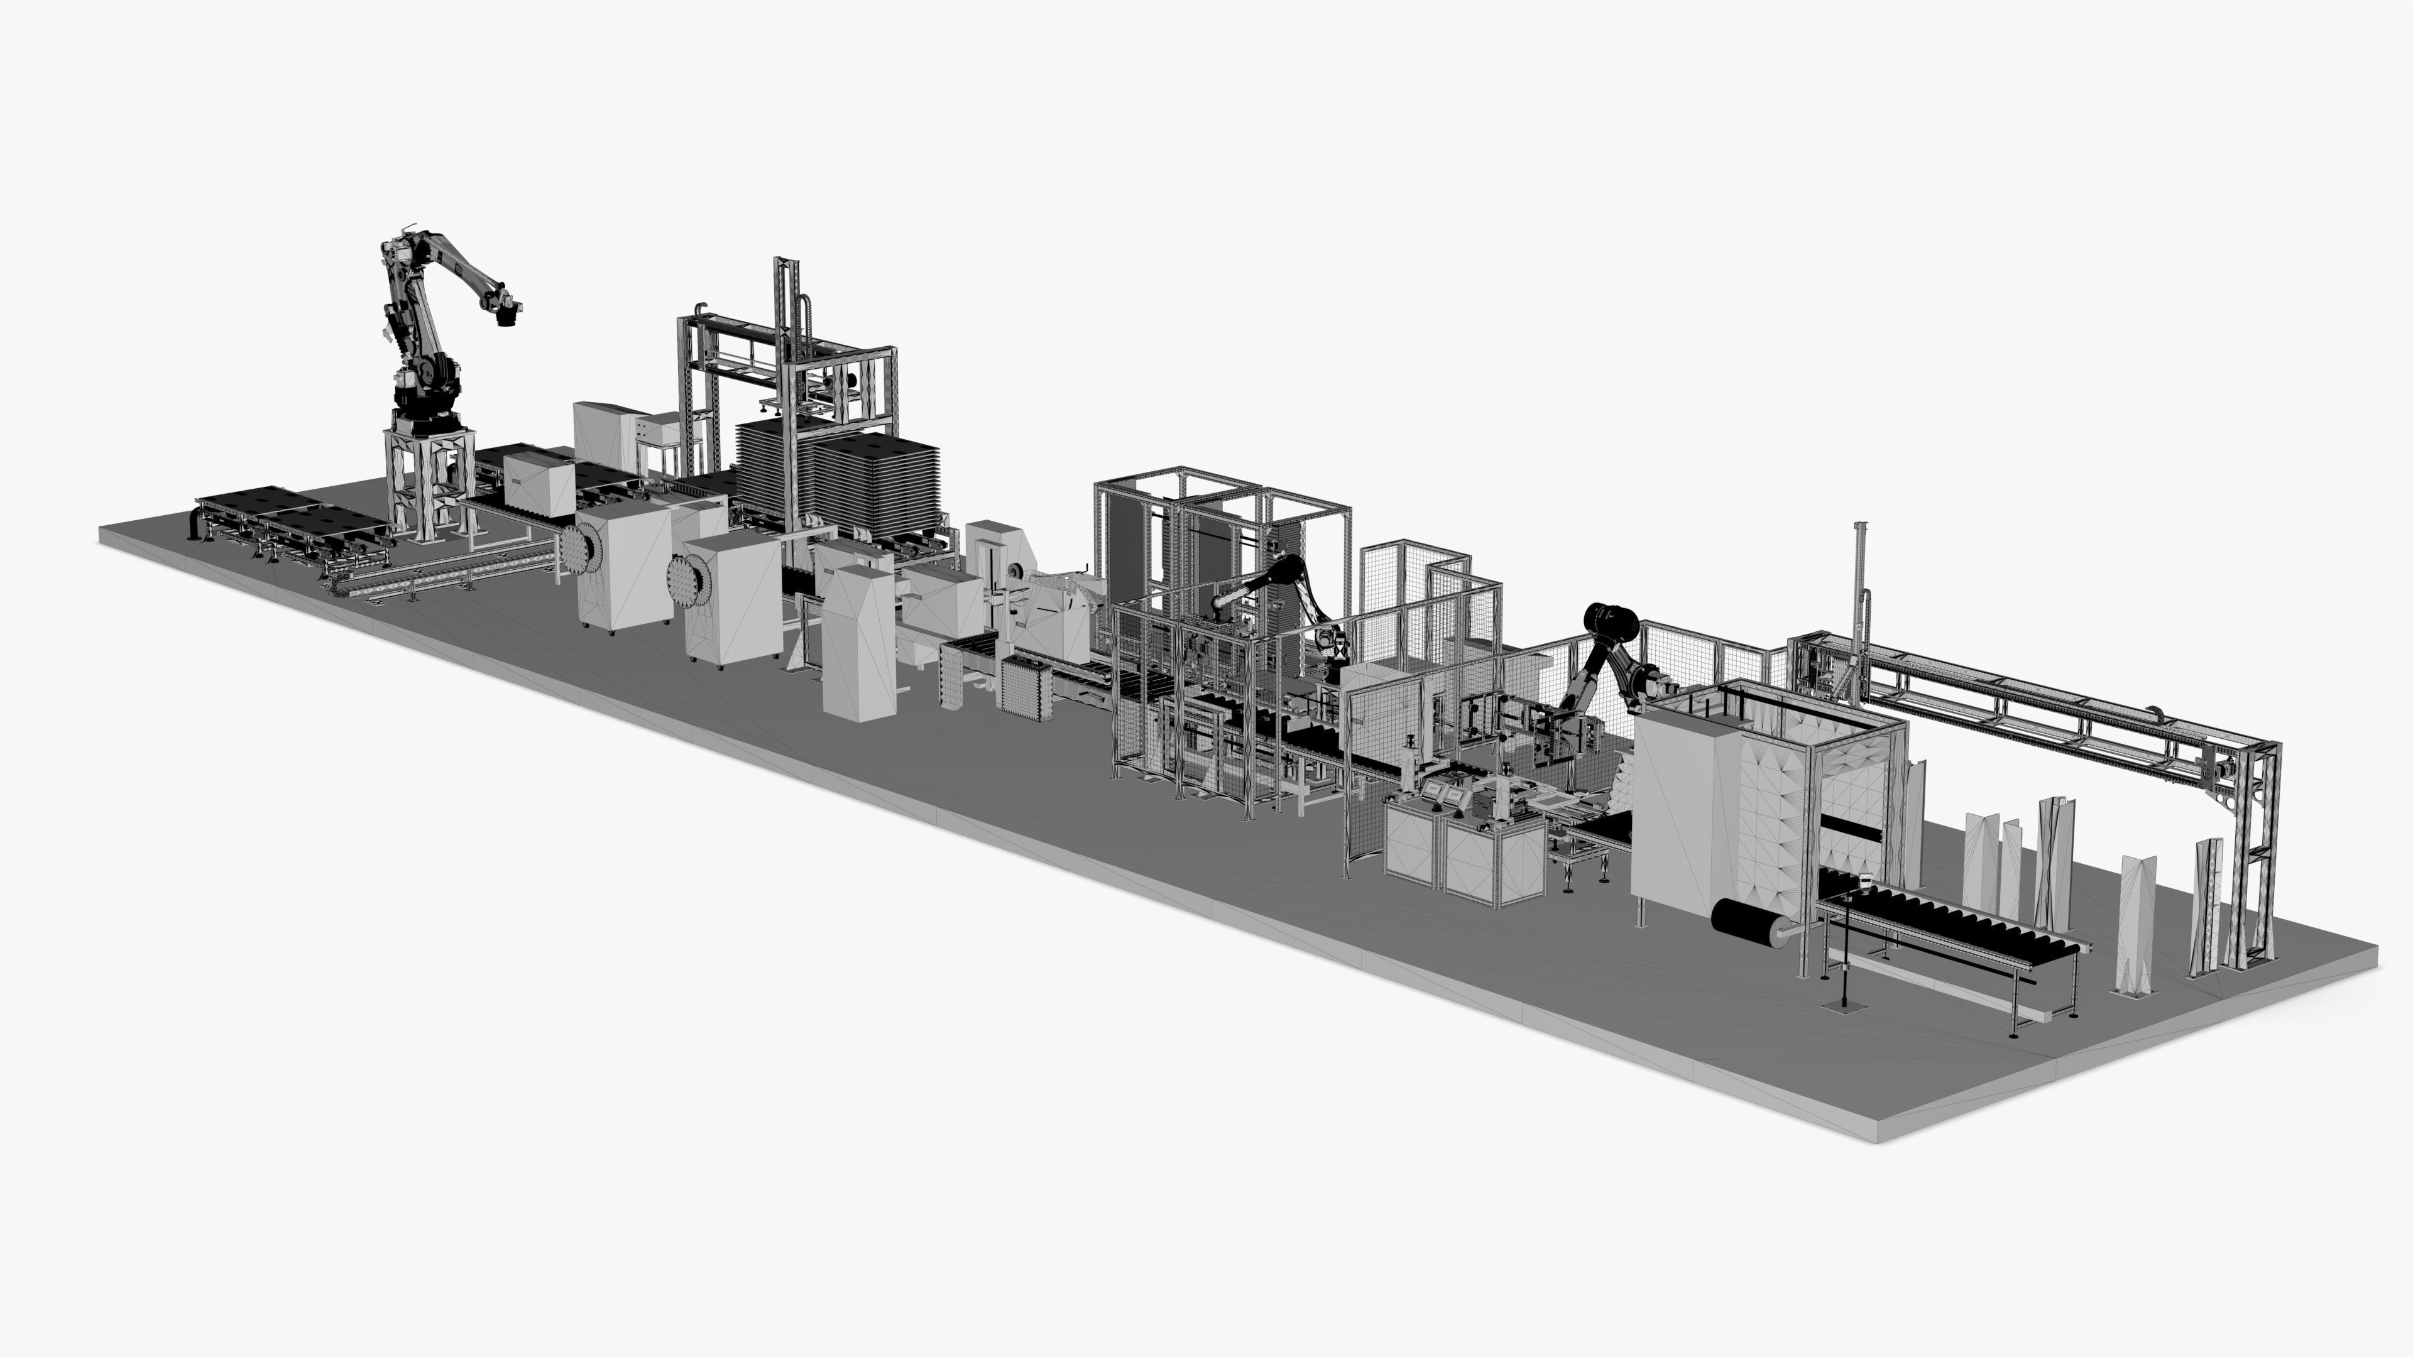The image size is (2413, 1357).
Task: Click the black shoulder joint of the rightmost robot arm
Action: [1609, 620]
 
